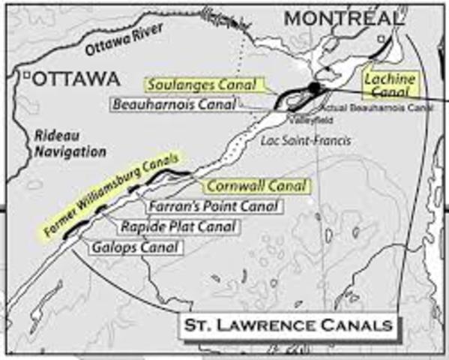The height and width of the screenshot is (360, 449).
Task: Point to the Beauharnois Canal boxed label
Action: [169, 104]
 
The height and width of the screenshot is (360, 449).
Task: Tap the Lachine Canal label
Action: [388, 84]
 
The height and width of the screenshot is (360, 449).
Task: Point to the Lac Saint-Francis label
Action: [295, 140]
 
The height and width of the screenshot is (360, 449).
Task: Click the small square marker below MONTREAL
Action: [381, 38]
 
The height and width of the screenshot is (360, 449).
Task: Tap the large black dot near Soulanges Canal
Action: [313, 88]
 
